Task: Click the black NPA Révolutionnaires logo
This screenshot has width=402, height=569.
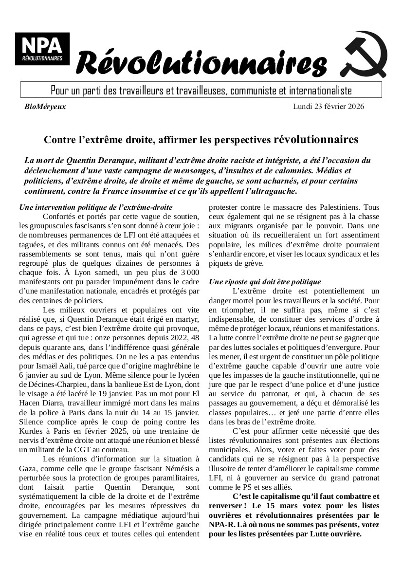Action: click(x=42, y=49)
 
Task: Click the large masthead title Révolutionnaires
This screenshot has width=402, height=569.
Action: click(x=201, y=63)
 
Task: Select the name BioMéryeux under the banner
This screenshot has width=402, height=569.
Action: click(x=45, y=106)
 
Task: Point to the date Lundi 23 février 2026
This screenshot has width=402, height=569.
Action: click(x=328, y=106)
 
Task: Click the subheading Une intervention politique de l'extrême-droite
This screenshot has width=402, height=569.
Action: click(x=95, y=207)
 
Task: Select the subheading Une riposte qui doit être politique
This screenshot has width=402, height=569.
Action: click(x=265, y=281)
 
